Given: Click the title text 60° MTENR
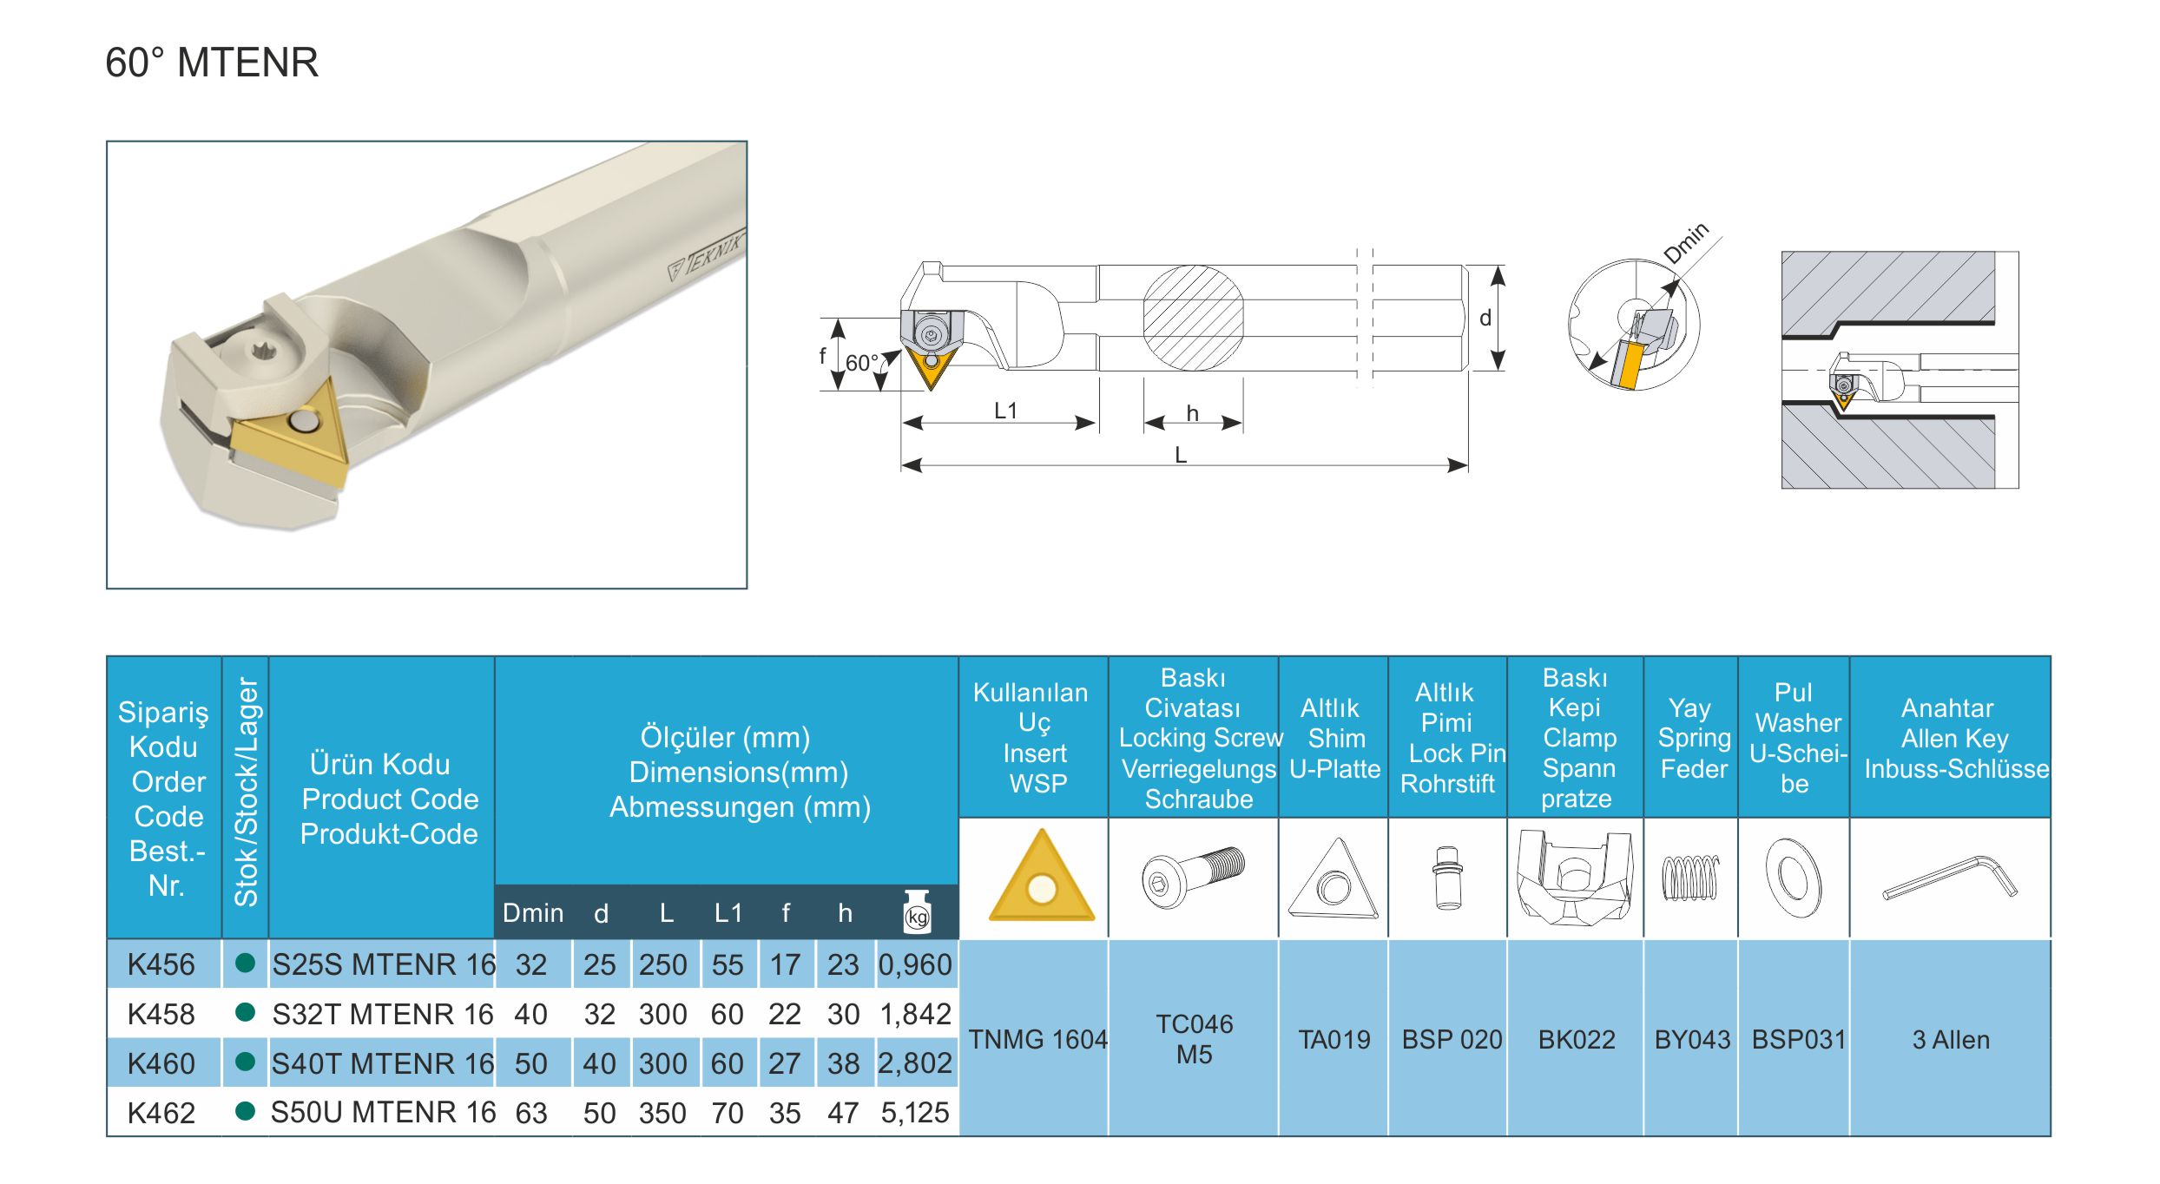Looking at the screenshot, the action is (x=212, y=62).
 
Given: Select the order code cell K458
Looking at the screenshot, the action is (x=161, y=1014).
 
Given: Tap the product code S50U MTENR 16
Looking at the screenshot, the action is (x=383, y=1112).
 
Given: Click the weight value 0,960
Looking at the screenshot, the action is (x=915, y=964).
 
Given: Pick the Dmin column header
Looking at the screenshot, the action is (x=533, y=913).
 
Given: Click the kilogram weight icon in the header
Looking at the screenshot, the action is (x=917, y=911).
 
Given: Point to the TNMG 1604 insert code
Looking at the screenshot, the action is (x=1037, y=1039).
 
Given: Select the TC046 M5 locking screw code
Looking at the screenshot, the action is (x=1195, y=1039).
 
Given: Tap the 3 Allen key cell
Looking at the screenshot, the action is (x=1951, y=1039).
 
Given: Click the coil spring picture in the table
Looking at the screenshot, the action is (x=1690, y=878).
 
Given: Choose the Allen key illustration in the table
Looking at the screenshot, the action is (x=1950, y=878).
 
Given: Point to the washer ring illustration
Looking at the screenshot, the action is (x=1794, y=878).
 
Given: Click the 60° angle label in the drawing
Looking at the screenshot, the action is (x=861, y=363).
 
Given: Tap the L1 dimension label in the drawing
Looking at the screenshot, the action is (x=1005, y=411).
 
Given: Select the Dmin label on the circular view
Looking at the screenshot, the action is (x=1686, y=242).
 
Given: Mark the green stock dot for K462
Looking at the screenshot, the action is (x=246, y=1111).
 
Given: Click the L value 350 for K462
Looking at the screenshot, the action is (x=662, y=1113).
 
